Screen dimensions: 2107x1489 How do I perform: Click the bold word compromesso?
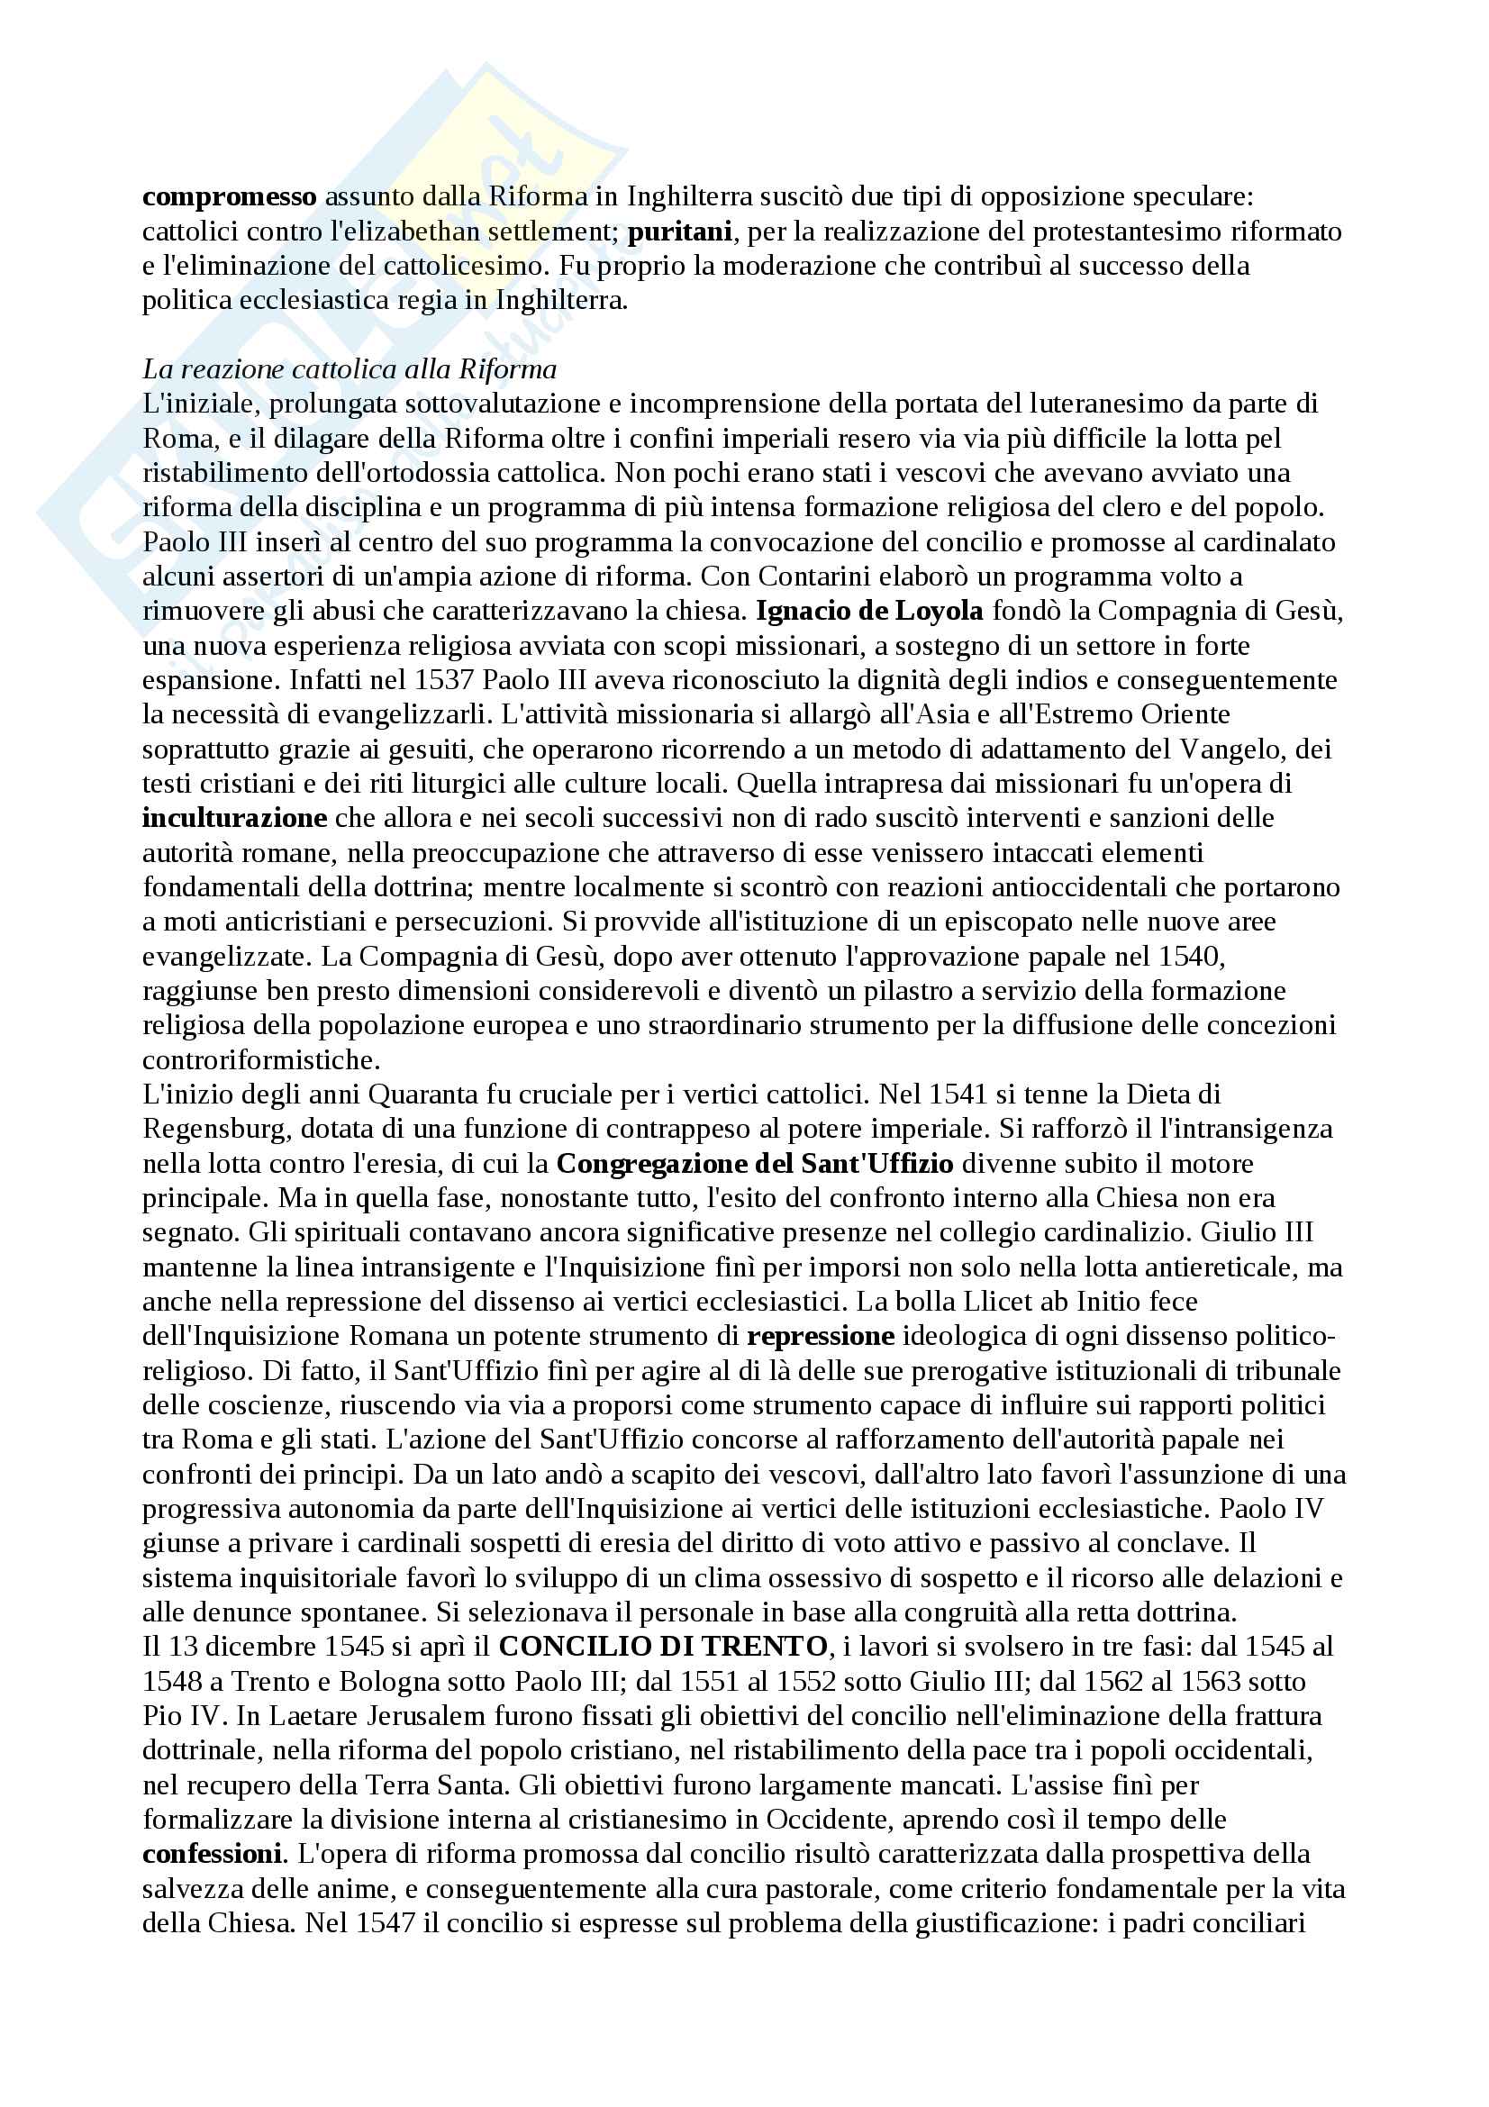[230, 197]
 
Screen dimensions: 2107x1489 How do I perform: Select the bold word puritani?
[679, 232]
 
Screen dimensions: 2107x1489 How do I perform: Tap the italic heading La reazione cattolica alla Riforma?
[350, 369]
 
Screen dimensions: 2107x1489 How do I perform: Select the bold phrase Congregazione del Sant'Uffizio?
[754, 1164]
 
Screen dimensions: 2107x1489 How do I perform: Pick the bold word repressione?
[821, 1335]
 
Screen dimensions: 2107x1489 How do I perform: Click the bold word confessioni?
[212, 1854]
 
